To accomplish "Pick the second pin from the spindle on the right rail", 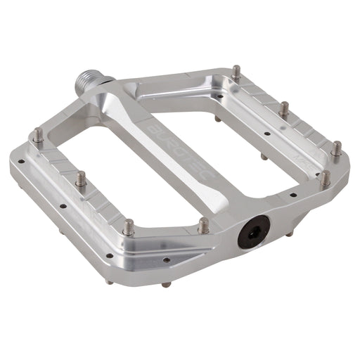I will [285, 109].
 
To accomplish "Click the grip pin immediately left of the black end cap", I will [204, 226].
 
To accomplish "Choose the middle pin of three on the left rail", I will [81, 179].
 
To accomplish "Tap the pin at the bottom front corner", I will [128, 226].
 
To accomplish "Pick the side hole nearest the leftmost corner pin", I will [27, 169].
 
